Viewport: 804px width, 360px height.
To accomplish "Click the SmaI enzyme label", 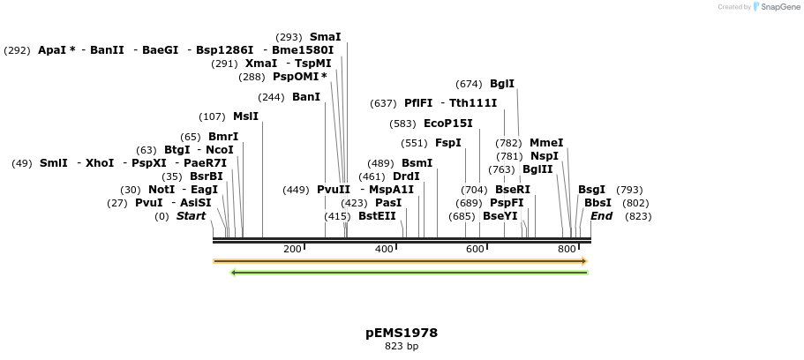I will (x=325, y=37).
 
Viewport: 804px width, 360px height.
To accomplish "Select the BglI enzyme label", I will (x=502, y=84).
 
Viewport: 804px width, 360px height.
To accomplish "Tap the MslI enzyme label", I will (x=245, y=116).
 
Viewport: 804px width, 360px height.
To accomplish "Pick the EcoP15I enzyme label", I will (x=447, y=124).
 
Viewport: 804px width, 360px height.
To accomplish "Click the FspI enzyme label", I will (x=447, y=143).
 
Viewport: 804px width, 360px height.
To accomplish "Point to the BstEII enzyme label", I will (x=377, y=216).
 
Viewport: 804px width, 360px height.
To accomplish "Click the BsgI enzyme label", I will (x=591, y=190).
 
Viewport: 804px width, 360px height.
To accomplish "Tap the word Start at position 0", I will (x=191, y=216).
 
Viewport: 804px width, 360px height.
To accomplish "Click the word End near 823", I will (x=601, y=216).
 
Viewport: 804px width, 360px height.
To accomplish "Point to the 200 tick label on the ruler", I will (x=292, y=250).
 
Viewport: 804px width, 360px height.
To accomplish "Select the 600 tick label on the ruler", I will (x=475, y=250).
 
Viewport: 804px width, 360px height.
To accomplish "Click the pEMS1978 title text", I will (x=402, y=333).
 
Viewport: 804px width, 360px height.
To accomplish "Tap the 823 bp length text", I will (x=402, y=346).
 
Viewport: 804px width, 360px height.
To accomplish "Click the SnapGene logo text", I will (x=777, y=7).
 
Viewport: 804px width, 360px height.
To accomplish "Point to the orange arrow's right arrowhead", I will (x=583, y=261).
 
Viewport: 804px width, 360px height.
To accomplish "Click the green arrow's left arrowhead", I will (x=234, y=273).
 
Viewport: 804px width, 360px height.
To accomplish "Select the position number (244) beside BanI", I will (x=272, y=97).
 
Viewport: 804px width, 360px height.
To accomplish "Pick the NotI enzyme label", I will (x=162, y=190).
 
